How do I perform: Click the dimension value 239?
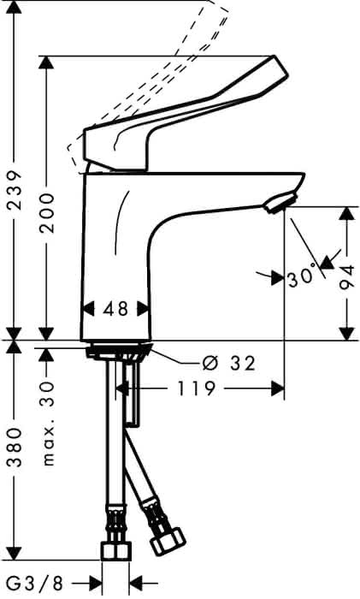(x=15, y=190)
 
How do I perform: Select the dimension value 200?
(x=47, y=213)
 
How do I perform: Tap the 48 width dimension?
(x=115, y=309)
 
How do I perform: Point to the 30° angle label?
(x=302, y=278)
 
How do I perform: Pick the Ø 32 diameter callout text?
(x=228, y=364)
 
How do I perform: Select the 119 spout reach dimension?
(x=196, y=388)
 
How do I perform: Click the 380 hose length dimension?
(x=15, y=448)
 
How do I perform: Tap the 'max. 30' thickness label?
(x=47, y=423)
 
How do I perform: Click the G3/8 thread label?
(x=35, y=584)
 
